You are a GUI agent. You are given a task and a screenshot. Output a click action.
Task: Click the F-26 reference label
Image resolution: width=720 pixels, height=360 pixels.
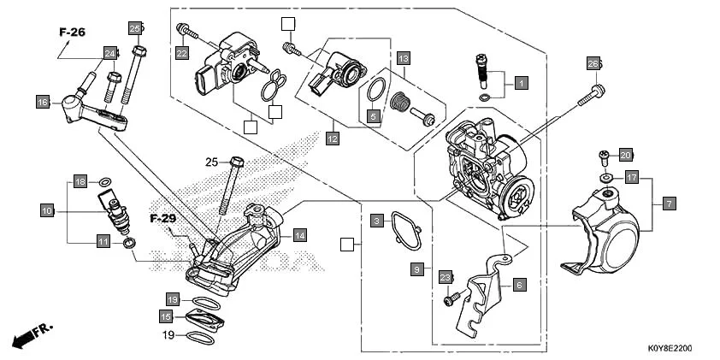(x=73, y=32)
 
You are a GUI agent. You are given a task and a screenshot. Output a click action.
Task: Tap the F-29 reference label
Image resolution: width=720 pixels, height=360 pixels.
(x=162, y=218)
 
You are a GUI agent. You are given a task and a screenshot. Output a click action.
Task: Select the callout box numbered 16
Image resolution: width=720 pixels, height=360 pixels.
(x=43, y=103)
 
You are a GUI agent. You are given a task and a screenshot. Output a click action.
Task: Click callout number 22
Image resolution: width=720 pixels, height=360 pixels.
(x=181, y=53)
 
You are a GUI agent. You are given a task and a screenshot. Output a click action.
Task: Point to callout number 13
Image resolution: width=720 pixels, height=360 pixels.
(x=404, y=58)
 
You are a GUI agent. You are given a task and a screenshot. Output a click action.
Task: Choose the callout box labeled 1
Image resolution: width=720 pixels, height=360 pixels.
(x=520, y=84)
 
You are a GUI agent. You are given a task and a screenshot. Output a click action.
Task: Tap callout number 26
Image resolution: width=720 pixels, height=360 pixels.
(x=593, y=63)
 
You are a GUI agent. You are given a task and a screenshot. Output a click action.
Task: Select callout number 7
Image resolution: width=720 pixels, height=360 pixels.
(x=669, y=204)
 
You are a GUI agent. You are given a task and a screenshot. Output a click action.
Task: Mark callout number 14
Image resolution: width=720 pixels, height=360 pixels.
(x=298, y=233)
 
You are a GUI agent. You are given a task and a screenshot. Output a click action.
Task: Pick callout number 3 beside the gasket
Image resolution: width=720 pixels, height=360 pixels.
(x=375, y=221)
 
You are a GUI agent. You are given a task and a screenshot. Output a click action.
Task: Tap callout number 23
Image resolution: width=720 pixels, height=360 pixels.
(x=445, y=277)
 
